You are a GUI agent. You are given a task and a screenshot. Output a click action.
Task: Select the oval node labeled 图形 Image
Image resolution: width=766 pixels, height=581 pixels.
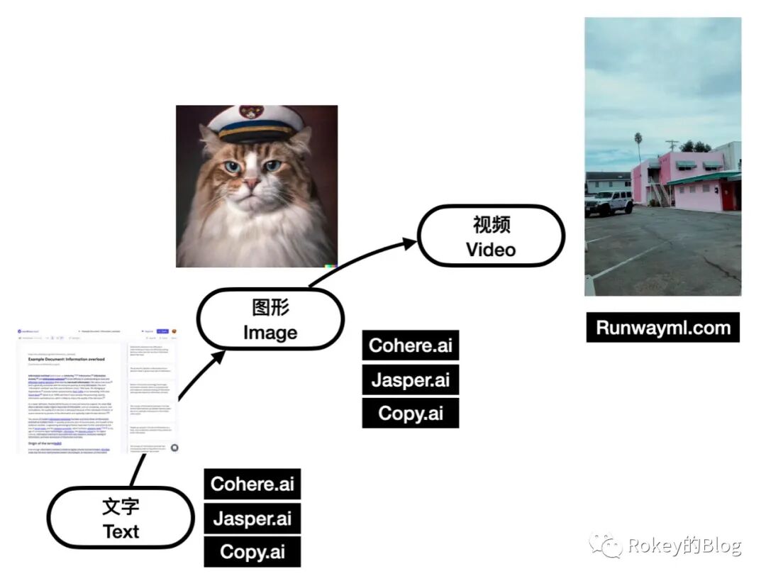point(270,319)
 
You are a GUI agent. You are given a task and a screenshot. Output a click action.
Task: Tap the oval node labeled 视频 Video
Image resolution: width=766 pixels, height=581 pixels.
point(491,236)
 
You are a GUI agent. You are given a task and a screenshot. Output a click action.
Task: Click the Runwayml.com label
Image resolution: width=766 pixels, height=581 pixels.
point(663,327)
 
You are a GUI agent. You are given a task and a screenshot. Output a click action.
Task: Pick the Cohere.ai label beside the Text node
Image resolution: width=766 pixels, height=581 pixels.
point(252,484)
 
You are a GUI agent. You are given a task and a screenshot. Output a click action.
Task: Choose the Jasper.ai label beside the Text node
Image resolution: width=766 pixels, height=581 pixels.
point(252,518)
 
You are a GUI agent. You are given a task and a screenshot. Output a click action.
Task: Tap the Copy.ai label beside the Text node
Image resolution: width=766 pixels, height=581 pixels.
point(252,552)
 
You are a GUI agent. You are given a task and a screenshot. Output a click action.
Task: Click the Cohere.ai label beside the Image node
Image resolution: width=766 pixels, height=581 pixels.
point(411,345)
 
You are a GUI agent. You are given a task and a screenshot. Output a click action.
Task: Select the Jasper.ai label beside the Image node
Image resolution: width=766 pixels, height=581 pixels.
point(411,380)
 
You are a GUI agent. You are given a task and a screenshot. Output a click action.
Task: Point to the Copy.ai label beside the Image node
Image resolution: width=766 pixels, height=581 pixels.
point(411,413)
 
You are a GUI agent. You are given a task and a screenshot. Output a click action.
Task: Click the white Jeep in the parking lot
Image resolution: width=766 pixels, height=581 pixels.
point(609,202)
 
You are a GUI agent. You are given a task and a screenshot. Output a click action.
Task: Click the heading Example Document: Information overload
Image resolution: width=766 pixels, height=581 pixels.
point(67,360)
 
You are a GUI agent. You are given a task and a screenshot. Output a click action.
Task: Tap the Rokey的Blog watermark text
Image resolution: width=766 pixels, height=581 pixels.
point(684,546)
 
